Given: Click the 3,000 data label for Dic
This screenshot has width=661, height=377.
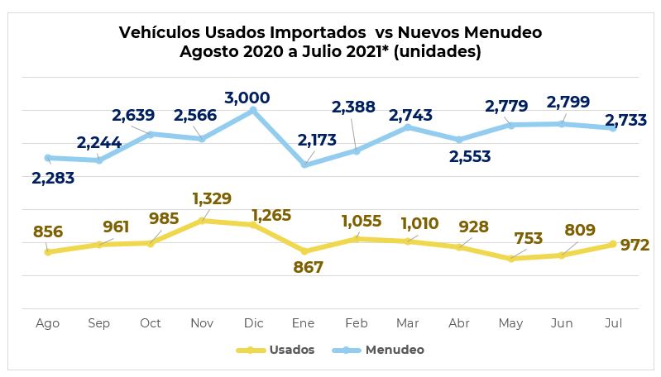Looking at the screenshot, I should click(253, 98).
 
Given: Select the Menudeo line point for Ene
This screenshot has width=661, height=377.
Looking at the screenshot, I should click(304, 165).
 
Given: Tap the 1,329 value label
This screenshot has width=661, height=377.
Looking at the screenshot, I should click(211, 199).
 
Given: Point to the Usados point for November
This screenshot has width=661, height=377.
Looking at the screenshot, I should click(202, 221).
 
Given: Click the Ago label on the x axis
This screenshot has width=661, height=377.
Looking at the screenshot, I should click(48, 323).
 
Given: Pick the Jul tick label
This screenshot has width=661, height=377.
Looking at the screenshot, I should click(613, 323).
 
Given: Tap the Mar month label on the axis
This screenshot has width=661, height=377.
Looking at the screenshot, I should click(407, 323).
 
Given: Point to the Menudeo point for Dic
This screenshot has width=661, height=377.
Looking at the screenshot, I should click(253, 110).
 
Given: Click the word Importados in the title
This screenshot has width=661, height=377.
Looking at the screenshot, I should click(319, 32).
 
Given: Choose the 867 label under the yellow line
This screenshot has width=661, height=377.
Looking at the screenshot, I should click(307, 268).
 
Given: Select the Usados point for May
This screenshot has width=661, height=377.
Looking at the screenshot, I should click(510, 259).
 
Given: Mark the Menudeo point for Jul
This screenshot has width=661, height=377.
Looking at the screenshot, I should click(613, 128).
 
